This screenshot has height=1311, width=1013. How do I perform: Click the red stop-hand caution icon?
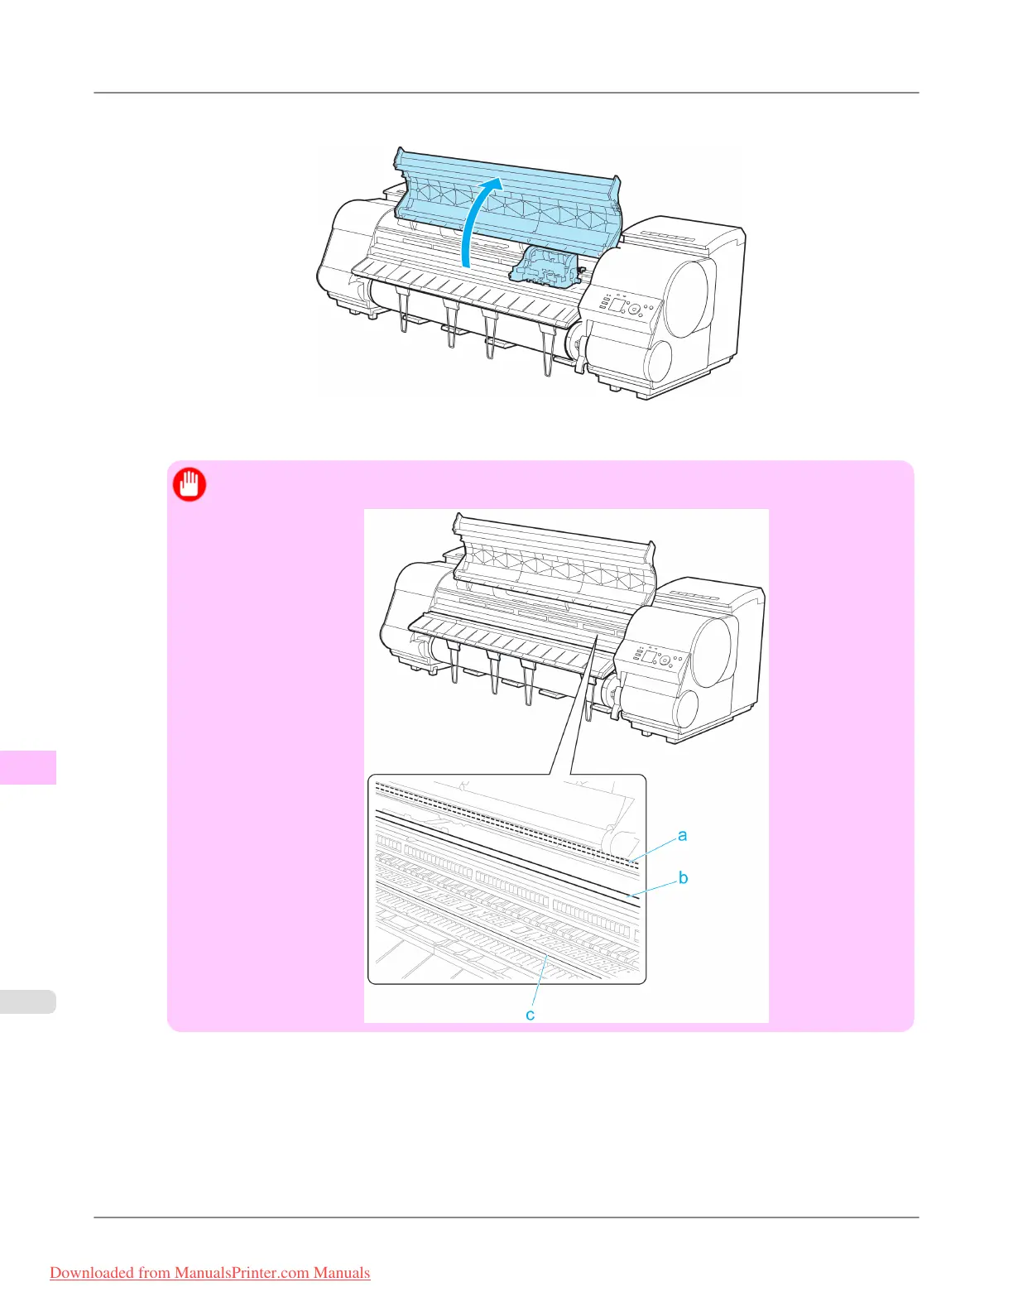190,485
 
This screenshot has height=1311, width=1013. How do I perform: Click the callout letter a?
682,835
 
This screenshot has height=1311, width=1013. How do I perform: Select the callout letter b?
683,877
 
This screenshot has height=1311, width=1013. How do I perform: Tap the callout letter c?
531,1015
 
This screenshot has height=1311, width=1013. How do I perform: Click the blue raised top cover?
507,199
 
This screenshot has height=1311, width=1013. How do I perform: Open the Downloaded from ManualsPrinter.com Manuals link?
210,1273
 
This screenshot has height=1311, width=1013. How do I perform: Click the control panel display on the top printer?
617,305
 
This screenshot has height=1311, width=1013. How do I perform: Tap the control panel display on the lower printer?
651,659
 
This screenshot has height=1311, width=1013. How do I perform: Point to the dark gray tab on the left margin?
28,766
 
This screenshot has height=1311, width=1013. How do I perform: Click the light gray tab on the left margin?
28,1001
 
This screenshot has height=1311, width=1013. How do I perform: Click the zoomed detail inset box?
506,879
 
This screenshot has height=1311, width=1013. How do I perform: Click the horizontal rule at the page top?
506,93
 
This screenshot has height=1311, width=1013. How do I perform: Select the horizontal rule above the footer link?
506,1217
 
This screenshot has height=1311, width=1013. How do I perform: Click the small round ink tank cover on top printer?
662,361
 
